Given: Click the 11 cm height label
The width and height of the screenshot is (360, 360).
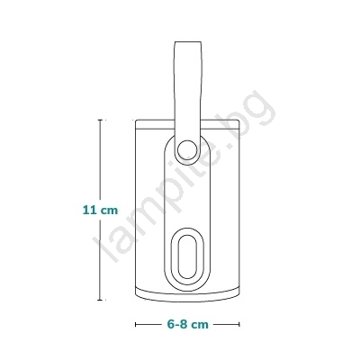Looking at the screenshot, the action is click(x=100, y=210).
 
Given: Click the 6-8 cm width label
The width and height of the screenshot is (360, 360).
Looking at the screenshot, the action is click(x=188, y=324).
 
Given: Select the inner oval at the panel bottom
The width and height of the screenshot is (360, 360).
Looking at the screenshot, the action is click(x=187, y=256).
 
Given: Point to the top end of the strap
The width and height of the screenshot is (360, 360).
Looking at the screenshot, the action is click(x=188, y=42).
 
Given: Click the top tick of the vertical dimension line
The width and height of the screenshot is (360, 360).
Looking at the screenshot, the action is click(x=100, y=120).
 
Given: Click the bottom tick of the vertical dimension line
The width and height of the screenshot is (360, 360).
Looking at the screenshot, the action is click(x=100, y=300).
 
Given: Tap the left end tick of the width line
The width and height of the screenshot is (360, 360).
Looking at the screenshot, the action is click(x=136, y=324).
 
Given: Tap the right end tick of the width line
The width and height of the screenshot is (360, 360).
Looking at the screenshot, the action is click(x=239, y=324).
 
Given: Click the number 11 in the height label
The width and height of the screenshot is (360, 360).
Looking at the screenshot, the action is click(x=89, y=210).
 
